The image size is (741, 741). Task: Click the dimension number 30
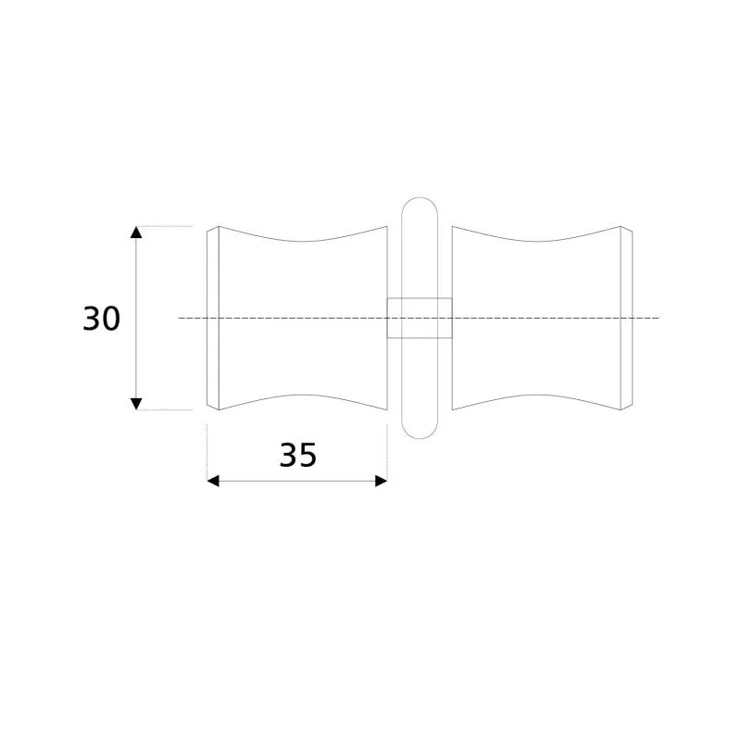coord(102,319)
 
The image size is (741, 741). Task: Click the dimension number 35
coord(297,455)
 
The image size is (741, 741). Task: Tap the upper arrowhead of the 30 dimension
coord(136,232)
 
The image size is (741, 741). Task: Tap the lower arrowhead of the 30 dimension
coord(136,404)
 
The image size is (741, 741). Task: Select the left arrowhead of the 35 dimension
coord(213,481)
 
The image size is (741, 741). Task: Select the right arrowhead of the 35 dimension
coord(382,481)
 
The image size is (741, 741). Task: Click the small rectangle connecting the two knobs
coord(420,318)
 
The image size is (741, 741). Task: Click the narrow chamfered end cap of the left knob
coord(213,318)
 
